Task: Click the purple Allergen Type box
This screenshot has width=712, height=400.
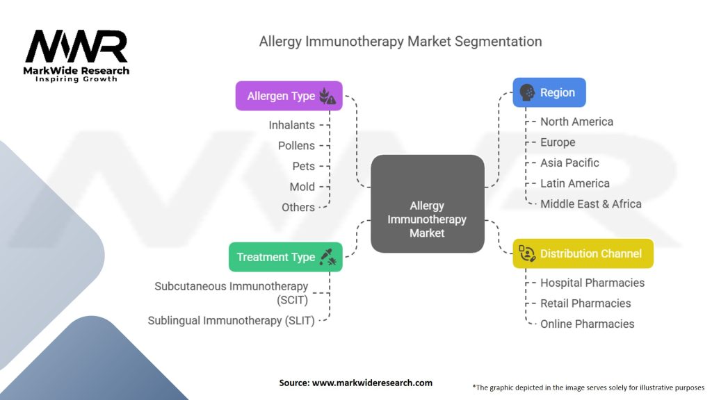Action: pyautogui.click(x=289, y=96)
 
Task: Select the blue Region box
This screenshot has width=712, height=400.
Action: pyautogui.click(x=549, y=92)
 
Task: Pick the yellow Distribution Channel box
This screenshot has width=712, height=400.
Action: pyautogui.click(x=583, y=253)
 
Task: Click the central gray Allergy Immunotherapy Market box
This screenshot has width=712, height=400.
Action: pyautogui.click(x=427, y=203)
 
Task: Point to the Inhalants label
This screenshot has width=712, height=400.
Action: pyautogui.click(x=291, y=125)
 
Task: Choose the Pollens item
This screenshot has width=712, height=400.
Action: pyautogui.click(x=296, y=146)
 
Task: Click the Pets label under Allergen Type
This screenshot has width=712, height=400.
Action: pyautogui.click(x=303, y=166)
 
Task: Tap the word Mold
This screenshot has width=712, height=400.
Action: pyautogui.click(x=302, y=187)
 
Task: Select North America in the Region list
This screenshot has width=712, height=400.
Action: pyautogui.click(x=576, y=122)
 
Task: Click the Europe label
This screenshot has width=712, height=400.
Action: pyautogui.click(x=558, y=142)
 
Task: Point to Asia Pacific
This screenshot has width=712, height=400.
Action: pyautogui.click(x=569, y=162)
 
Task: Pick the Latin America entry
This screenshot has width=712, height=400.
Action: pyautogui.click(x=574, y=183)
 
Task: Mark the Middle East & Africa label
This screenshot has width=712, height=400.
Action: pyautogui.click(x=590, y=203)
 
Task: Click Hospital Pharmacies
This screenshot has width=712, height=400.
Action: pyautogui.click(x=592, y=283)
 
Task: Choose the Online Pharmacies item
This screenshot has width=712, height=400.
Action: pyautogui.click(x=587, y=324)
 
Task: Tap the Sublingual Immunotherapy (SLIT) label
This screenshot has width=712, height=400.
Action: pyautogui.click(x=231, y=320)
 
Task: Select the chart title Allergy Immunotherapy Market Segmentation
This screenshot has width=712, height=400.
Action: pyautogui.click(x=400, y=41)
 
